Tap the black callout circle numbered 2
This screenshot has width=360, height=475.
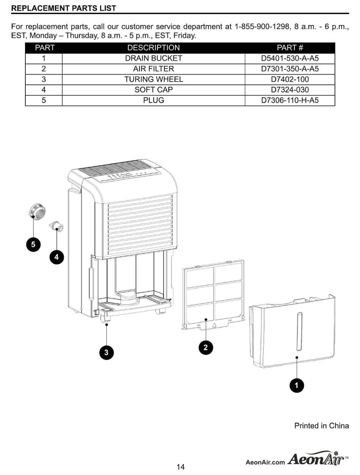206,348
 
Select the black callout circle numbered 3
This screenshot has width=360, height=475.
106,353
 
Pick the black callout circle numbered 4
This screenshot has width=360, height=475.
57,257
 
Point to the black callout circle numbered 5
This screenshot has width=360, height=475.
33,245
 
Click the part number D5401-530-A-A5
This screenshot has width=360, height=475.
290,58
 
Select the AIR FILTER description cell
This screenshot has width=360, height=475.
153,69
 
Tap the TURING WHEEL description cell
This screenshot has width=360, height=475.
153,79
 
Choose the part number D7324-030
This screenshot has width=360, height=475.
290,90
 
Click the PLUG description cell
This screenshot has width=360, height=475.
153,100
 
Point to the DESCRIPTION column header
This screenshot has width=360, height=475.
153,48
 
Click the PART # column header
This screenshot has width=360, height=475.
290,48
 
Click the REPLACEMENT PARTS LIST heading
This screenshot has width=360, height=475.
64,8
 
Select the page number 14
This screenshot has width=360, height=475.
180,467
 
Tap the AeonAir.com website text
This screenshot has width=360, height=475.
265,462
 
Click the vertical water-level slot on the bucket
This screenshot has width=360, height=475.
299,331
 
